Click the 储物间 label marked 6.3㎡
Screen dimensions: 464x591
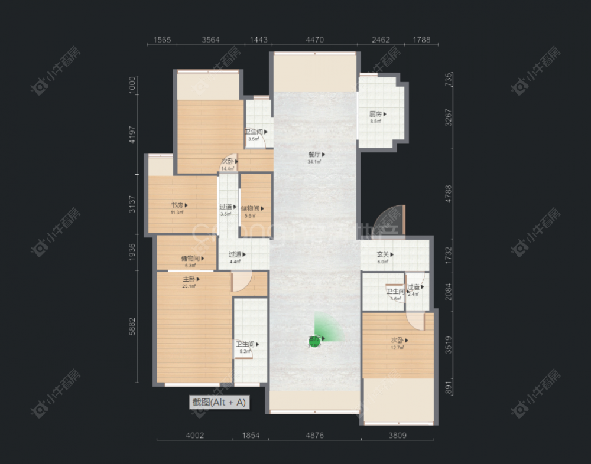point(193,258)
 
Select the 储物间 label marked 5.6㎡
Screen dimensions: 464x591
point(252,208)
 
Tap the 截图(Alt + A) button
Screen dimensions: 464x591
point(218,402)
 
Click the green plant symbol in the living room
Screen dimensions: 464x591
point(315,341)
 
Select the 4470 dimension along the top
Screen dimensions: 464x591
point(314,40)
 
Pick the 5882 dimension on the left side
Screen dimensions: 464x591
point(133,328)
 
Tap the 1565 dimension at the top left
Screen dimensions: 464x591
point(162,40)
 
